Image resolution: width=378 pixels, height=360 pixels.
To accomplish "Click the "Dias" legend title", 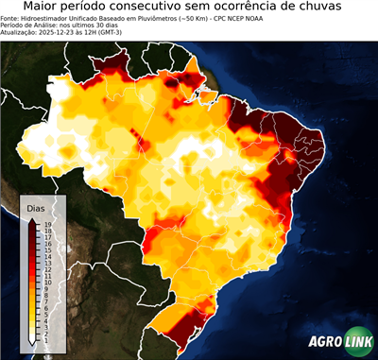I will tap(36, 207).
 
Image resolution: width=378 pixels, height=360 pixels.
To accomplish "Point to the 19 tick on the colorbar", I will tap(47, 224).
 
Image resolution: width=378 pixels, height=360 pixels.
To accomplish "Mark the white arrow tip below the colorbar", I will tap(33, 340).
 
